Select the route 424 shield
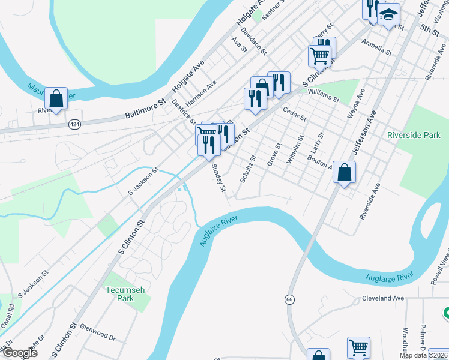point(74,124)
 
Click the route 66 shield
point(289,298)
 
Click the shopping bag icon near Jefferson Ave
point(345,173)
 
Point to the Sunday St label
point(218,179)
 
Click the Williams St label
point(323,92)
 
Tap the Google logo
point(19,353)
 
